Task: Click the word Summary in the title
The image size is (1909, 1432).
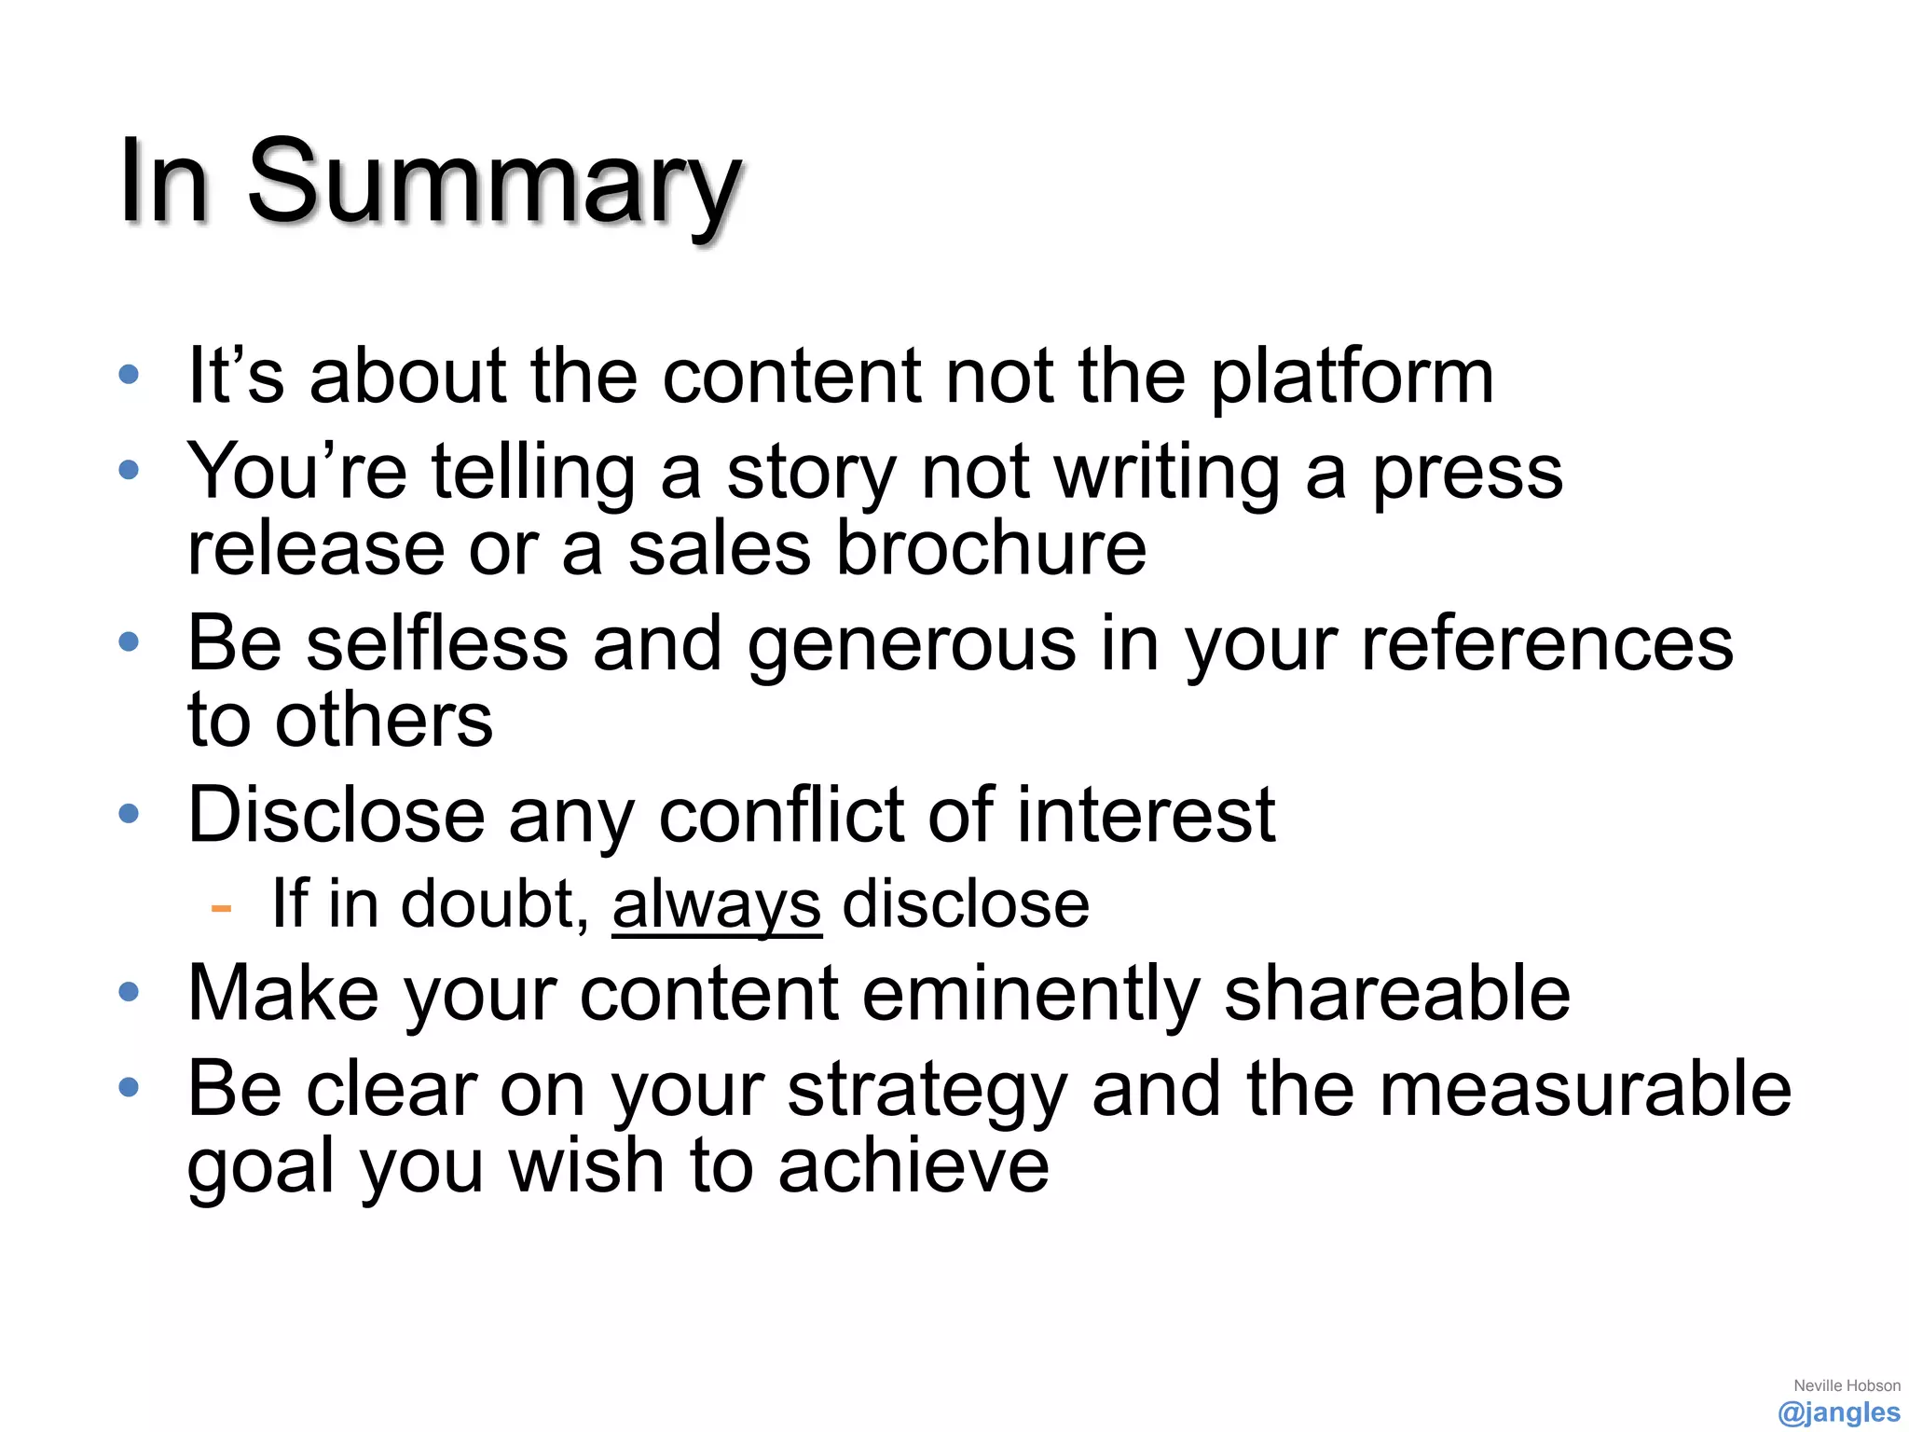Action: (494, 182)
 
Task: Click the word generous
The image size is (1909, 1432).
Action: (911, 645)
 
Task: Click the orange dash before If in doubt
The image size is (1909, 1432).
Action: (221, 907)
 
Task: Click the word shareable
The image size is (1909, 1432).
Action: (1396, 994)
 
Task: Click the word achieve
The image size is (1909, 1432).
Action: (913, 1166)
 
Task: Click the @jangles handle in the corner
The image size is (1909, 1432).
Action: (1838, 1412)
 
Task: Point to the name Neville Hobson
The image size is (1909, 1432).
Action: (1847, 1385)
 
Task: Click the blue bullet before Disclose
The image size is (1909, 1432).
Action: (130, 814)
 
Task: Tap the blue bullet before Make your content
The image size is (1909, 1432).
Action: (130, 992)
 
